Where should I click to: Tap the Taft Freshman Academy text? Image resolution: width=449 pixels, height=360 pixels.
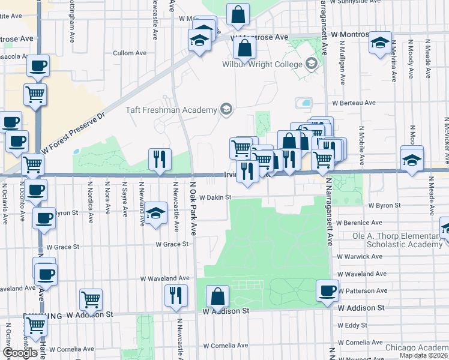170,110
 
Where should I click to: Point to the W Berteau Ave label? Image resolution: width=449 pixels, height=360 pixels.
354,103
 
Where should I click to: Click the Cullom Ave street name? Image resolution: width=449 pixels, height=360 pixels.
130,53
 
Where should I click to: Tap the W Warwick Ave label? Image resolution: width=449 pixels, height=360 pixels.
360,256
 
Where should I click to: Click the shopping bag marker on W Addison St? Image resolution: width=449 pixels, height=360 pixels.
217,296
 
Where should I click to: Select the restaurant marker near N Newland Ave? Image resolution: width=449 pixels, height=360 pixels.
160,160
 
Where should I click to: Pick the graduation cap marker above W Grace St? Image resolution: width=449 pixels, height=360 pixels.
155,214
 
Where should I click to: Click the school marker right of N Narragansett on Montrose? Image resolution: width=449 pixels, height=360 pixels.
379,43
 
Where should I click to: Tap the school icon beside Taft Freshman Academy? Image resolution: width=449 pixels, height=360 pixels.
226,109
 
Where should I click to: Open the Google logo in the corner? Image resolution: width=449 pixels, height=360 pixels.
20,353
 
